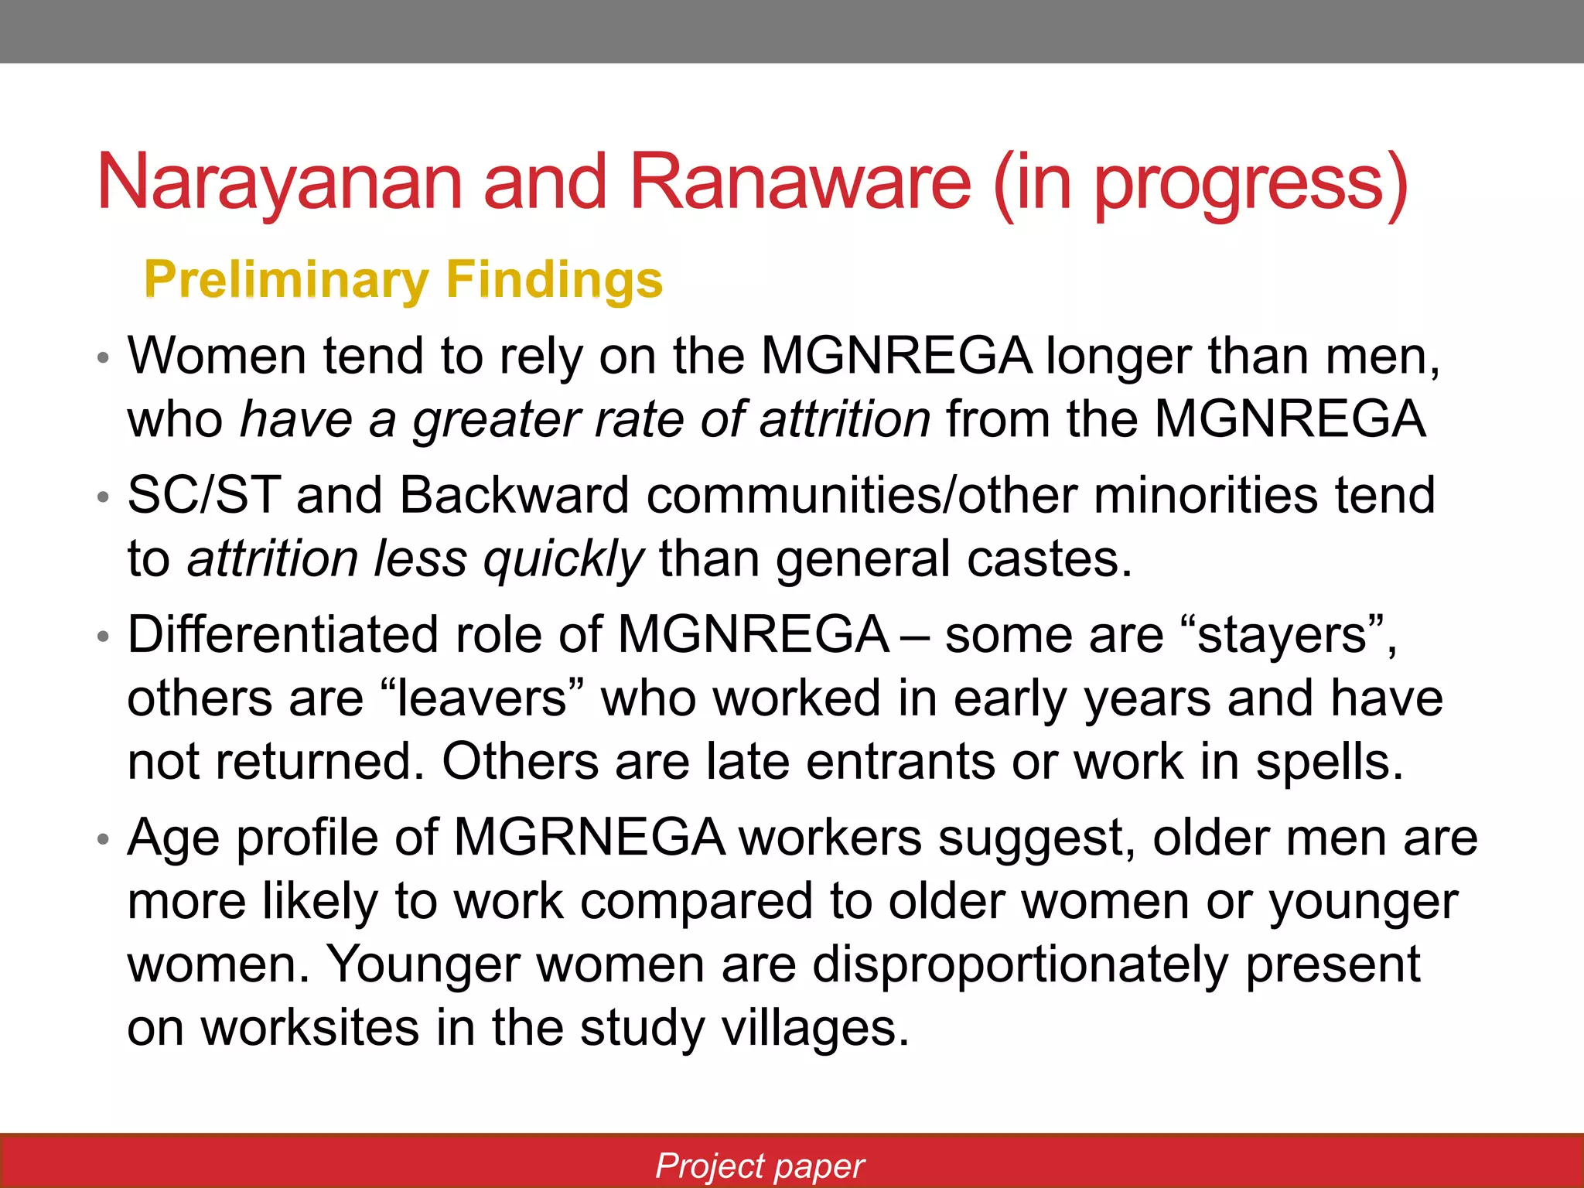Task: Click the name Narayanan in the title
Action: (279, 183)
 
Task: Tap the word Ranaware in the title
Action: (800, 183)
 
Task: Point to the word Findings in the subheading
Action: (555, 280)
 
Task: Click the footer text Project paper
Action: (760, 1165)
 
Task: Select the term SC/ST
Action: (203, 495)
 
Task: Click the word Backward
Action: (514, 495)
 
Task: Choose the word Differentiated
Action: (283, 635)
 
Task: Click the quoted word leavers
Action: (483, 698)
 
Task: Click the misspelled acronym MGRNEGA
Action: (589, 838)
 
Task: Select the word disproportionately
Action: (1020, 966)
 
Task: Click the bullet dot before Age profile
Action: (104, 839)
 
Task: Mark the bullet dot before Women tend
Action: (104, 358)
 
